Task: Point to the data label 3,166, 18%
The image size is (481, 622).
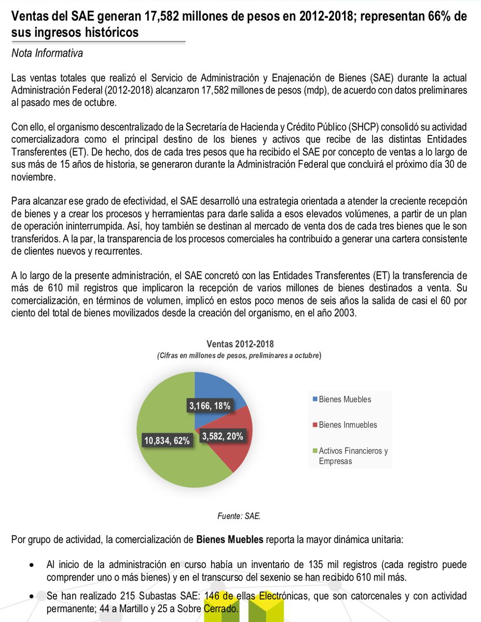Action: tap(209, 406)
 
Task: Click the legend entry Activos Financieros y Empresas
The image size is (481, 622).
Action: tap(353, 455)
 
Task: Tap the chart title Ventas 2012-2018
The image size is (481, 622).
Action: tap(240, 344)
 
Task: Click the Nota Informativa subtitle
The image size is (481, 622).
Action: tap(47, 53)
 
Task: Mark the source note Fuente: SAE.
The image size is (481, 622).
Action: tap(240, 516)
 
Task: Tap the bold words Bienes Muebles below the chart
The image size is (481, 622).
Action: tap(230, 539)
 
